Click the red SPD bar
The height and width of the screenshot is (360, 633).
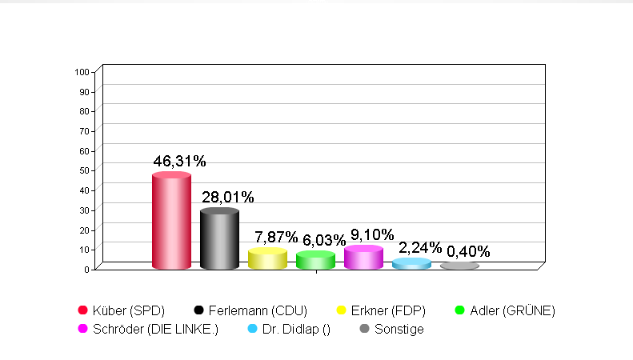click(171, 222)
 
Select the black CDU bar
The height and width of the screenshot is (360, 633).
click(219, 239)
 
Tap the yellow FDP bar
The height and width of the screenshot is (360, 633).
click(267, 259)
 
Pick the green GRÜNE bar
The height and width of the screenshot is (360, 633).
click(315, 260)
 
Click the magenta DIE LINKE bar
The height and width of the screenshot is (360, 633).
click(363, 258)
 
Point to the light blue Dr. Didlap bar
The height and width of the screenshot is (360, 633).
click(411, 264)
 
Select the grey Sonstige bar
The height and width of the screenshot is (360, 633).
click(459, 266)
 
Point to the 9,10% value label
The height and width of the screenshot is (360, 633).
click(372, 235)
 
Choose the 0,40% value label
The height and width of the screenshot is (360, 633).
click(468, 252)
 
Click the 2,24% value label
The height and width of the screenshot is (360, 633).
click(420, 248)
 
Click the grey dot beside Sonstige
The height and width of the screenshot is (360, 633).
click(364, 329)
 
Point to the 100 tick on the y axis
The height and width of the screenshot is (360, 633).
click(81, 72)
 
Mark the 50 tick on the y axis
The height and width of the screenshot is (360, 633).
click(82, 170)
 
